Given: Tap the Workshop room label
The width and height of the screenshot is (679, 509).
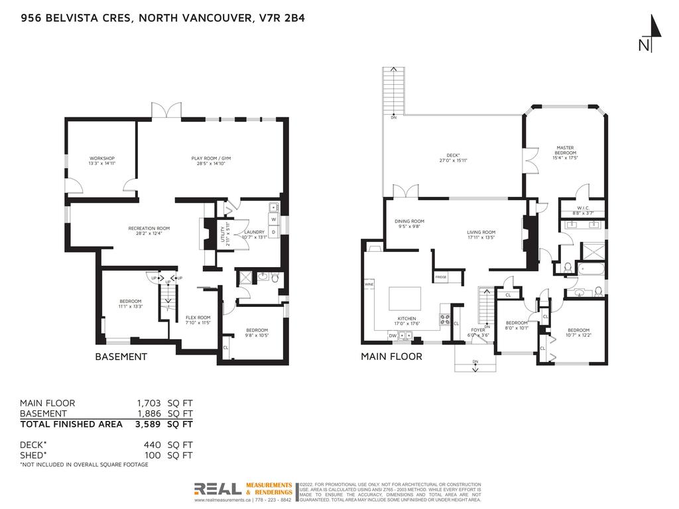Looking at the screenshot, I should (x=101, y=161).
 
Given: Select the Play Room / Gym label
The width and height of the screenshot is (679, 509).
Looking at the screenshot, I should (x=211, y=161).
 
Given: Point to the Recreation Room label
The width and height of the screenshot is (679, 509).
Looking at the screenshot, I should (x=145, y=231).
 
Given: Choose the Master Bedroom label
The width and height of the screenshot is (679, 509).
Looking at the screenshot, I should (x=565, y=152).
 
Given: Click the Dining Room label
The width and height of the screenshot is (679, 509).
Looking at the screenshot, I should (x=408, y=224).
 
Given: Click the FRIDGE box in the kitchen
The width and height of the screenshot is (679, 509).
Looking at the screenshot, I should (x=440, y=276).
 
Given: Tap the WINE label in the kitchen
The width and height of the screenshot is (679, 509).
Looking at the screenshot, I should (x=369, y=284).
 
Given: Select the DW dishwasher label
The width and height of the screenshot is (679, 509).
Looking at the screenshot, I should (x=393, y=336).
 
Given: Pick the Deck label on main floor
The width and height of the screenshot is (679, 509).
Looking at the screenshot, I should (x=450, y=158).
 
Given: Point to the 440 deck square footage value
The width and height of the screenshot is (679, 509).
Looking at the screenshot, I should (x=153, y=445).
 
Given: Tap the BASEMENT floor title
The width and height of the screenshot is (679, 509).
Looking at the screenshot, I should (x=121, y=357).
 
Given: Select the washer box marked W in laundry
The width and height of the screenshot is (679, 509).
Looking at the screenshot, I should (x=273, y=218).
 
